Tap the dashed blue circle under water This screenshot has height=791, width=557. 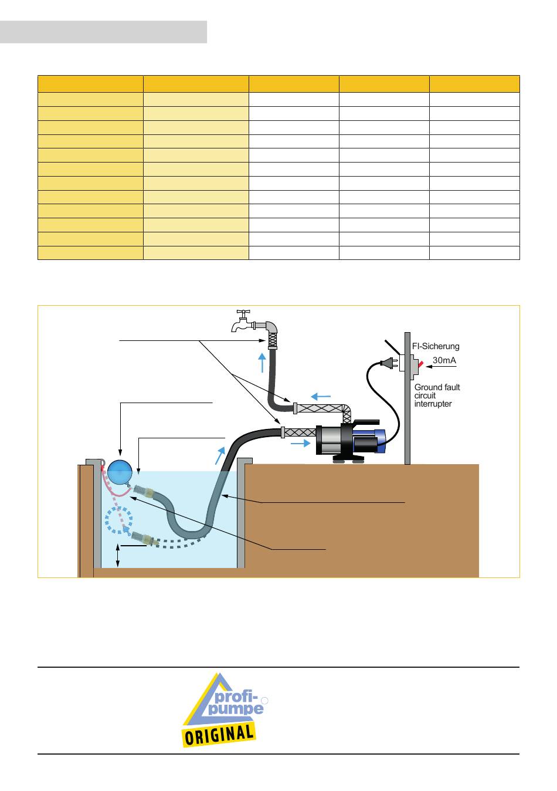coord(118,520)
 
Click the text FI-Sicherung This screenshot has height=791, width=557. coord(436,347)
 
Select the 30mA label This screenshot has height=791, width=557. coord(444,360)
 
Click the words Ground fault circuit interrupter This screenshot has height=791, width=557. coord(437,395)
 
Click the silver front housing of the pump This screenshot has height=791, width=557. coord(328,440)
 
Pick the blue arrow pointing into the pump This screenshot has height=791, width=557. coord(301,444)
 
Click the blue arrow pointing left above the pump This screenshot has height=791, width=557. coord(320,396)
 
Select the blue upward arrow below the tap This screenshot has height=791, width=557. coord(262,363)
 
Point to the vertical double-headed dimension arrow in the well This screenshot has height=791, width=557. coord(118,555)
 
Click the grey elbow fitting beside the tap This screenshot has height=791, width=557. coord(271,326)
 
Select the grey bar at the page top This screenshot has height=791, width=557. coord(103,32)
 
